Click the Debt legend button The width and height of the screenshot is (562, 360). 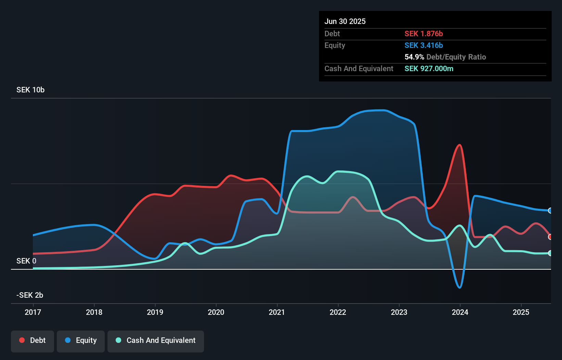(x=33, y=341)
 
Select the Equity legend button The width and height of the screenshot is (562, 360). (x=81, y=341)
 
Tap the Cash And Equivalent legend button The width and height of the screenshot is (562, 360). (x=156, y=341)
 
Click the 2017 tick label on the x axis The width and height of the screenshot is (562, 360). (x=33, y=312)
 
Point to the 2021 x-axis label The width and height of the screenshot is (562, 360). (x=277, y=312)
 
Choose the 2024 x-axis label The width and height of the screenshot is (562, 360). (x=460, y=312)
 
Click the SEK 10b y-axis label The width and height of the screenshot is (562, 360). (x=30, y=90)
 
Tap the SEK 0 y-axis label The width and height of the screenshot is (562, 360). (x=26, y=261)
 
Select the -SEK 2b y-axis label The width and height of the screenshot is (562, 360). (x=30, y=295)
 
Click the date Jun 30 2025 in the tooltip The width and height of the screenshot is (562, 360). (x=345, y=22)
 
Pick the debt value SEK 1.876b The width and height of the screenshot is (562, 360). (x=423, y=34)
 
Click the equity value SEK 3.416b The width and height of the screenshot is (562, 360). (x=423, y=46)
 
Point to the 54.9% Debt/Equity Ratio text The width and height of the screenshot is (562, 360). (x=445, y=57)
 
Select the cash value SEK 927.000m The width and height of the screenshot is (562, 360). (x=429, y=69)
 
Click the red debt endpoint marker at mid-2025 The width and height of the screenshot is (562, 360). (x=550, y=237)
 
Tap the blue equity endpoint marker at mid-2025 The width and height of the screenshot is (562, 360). (x=550, y=210)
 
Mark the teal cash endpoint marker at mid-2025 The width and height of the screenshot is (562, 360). (x=550, y=253)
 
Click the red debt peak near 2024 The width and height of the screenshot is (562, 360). (x=460, y=145)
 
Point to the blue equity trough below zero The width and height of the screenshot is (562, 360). (x=460, y=287)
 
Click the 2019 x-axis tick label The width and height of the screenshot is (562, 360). (x=155, y=312)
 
